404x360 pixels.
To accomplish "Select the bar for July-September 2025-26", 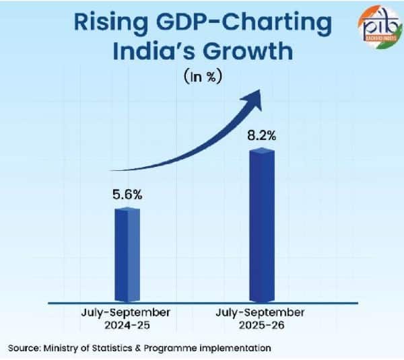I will point(262,225).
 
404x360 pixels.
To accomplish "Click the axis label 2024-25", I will point(128,324).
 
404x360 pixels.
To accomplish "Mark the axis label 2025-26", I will point(261,324).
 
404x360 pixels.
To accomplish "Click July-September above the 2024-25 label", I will point(128,312).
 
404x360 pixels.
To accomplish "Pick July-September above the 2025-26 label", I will point(261,312).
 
